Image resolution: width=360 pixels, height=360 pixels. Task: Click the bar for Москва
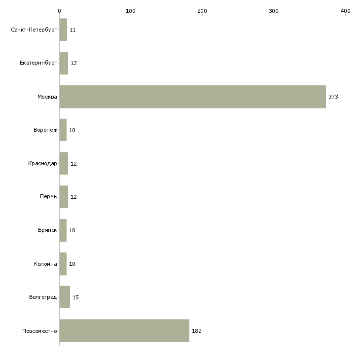click(x=193, y=97)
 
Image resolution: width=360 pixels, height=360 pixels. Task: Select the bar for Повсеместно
click(x=124, y=330)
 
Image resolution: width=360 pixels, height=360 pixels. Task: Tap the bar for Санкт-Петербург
click(x=63, y=30)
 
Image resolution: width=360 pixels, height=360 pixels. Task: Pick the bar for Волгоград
click(x=65, y=297)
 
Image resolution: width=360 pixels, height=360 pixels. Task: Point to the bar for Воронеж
click(x=63, y=130)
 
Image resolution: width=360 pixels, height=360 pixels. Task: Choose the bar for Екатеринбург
click(x=64, y=63)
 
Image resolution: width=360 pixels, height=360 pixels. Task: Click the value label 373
click(x=333, y=97)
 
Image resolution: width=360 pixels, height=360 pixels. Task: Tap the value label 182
click(x=197, y=331)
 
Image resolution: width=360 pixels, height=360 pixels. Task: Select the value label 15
click(x=75, y=297)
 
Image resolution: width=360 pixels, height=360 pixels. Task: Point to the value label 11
click(x=72, y=30)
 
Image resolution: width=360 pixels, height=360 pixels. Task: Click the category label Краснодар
click(x=42, y=163)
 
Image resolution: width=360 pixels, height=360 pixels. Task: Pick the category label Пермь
click(x=48, y=196)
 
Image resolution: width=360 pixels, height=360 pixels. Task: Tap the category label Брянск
click(x=47, y=230)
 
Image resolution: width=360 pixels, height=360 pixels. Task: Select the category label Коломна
click(x=45, y=264)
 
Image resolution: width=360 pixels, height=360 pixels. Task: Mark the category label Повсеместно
click(x=39, y=331)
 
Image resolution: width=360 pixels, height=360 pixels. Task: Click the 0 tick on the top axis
click(x=60, y=11)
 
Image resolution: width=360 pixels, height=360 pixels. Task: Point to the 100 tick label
click(x=131, y=11)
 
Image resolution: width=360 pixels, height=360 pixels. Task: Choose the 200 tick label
click(x=202, y=11)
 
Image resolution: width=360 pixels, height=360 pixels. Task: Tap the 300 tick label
click(x=274, y=11)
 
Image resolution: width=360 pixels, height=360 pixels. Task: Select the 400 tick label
click(x=345, y=11)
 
